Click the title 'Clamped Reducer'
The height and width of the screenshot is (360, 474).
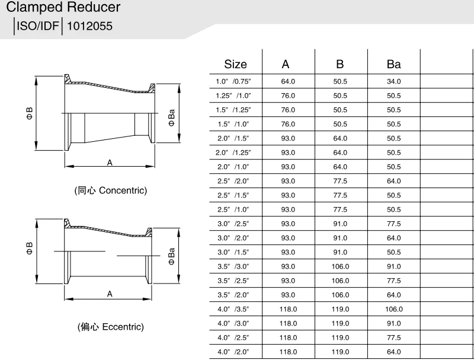63,8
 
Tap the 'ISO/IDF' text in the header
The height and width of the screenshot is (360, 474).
39,26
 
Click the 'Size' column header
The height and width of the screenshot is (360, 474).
235,64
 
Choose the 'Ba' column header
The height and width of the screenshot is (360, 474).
393,64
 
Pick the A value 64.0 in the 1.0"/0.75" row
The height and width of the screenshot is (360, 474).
289,81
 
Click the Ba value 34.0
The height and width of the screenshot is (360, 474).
393,81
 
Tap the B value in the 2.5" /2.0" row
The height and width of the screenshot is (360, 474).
340,181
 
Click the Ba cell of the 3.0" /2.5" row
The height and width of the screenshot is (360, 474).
393,224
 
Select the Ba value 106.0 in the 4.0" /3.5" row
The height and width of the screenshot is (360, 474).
393,309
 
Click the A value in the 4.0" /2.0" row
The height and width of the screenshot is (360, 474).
289,352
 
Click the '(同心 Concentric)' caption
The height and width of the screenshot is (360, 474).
110,191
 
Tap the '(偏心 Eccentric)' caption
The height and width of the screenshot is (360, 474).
110,327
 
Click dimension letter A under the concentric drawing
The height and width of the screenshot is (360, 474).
110,162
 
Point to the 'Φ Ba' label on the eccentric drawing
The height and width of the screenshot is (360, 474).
172,256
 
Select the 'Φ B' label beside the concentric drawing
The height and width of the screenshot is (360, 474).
29,113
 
